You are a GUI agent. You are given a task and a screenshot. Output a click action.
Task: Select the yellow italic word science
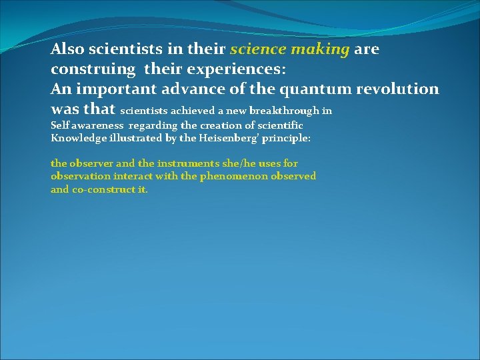[257, 49]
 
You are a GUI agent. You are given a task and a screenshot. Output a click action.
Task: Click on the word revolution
[399, 89]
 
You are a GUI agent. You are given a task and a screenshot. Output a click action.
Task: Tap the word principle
[286, 138]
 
